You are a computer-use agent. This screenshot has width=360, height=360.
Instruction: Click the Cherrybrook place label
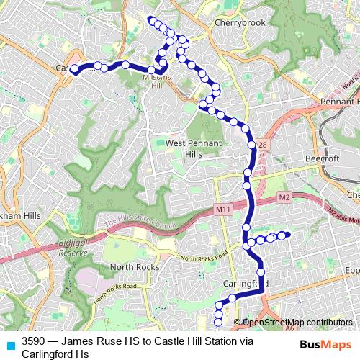point(240,22)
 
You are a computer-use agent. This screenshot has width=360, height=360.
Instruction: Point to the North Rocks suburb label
point(129,267)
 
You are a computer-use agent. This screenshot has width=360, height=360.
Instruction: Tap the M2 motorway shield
point(284,197)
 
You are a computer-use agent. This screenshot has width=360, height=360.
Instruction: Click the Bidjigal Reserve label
point(73,249)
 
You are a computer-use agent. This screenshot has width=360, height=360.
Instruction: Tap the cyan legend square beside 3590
point(10,344)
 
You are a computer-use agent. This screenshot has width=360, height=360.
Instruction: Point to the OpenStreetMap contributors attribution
point(297,323)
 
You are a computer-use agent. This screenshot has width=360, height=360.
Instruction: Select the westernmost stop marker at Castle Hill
point(73,69)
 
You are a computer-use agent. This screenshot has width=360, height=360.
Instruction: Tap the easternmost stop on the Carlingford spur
point(287,234)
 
